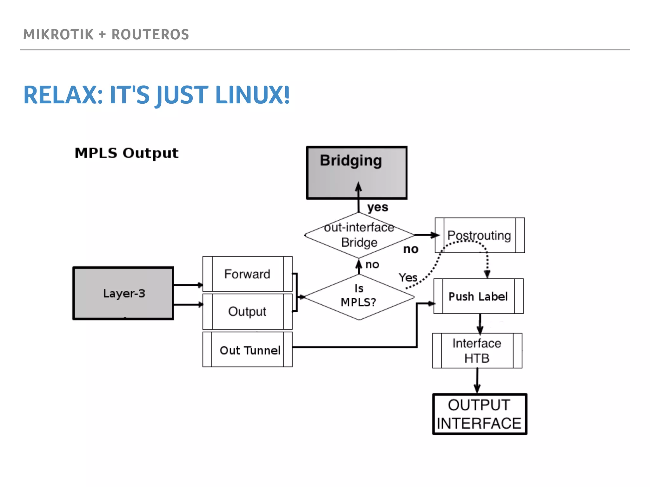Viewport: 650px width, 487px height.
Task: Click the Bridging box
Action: point(356,173)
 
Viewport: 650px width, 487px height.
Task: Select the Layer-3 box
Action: point(123,293)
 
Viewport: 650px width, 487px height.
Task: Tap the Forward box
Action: point(247,274)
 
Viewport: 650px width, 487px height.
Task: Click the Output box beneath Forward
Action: point(247,311)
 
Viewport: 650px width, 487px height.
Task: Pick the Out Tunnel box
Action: point(247,350)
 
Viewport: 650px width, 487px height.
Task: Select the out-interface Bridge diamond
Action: point(359,235)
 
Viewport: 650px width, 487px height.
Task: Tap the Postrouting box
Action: point(480,235)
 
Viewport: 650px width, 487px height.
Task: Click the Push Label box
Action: point(478,296)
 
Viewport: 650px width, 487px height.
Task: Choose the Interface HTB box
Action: point(477,350)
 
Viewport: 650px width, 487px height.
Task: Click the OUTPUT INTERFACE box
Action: point(480,414)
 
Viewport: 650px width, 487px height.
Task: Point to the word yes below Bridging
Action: point(378,207)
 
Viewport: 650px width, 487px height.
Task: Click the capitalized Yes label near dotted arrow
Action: point(408,278)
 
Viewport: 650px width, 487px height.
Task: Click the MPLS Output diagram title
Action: point(126,153)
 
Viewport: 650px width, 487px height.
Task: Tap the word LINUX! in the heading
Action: point(252,95)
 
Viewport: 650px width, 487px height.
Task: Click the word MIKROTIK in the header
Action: point(58,35)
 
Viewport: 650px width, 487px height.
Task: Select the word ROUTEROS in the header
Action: point(150,35)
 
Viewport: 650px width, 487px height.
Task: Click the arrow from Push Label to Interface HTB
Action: point(480,324)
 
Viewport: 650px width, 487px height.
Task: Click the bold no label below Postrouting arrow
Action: point(411,250)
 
